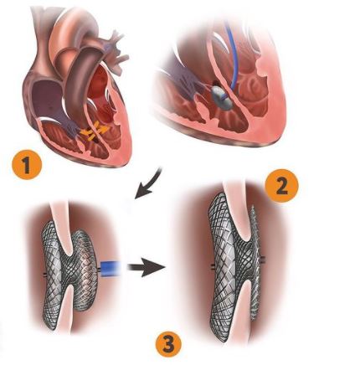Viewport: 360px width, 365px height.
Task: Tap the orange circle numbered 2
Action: pyautogui.click(x=281, y=187)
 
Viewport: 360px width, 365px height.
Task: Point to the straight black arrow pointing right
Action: pyautogui.click(x=147, y=267)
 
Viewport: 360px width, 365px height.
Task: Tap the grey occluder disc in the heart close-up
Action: pyautogui.click(x=223, y=97)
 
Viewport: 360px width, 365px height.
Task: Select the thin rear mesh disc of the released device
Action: pyautogui.click(x=255, y=262)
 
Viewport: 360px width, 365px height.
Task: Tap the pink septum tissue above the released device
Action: pyautogui.click(x=237, y=209)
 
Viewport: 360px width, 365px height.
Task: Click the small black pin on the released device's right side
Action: pyautogui.click(x=263, y=260)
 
